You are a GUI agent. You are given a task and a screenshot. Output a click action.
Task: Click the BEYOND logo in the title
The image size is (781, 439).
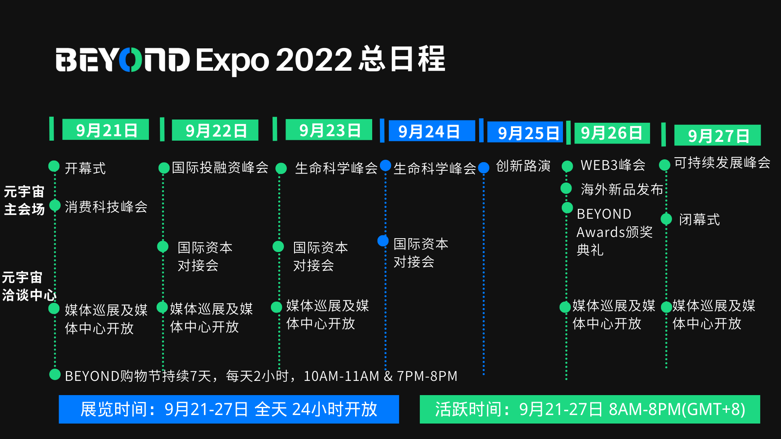[123, 60]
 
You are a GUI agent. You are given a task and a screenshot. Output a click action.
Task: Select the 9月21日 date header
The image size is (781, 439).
[105, 130]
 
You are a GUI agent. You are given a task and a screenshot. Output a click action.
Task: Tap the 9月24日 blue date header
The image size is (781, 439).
[432, 131]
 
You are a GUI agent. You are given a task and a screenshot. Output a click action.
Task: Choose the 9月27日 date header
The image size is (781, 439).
[718, 135]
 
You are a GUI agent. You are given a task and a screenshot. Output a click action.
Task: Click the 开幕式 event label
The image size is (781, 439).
[85, 168]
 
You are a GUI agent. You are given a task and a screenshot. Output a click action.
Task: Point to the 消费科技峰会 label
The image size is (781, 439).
[106, 206]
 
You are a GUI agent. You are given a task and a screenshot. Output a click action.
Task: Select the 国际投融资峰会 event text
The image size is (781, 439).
[220, 167]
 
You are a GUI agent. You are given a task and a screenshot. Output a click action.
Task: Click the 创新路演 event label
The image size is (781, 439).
[523, 166]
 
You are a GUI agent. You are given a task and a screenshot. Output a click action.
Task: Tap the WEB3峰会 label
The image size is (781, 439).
[613, 165]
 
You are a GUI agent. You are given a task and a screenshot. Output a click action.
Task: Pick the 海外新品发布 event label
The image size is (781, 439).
[622, 189]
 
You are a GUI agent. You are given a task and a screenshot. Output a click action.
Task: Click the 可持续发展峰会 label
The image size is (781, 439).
[722, 163]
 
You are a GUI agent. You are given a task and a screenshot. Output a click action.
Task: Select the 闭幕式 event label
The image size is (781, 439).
[699, 219]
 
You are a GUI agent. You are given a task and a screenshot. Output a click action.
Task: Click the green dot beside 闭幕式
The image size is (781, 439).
[666, 219]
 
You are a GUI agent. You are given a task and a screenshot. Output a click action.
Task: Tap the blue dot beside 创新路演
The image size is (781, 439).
[484, 167]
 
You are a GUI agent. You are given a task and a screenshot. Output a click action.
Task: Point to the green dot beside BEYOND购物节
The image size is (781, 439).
[55, 374]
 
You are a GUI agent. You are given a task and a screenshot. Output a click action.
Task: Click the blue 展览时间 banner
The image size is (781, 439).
[229, 409]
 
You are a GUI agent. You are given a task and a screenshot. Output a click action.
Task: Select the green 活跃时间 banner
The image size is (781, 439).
[590, 409]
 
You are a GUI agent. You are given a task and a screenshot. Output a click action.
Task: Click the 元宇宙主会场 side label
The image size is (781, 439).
[24, 200]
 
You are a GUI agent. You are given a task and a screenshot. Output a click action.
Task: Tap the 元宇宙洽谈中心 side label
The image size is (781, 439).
[29, 286]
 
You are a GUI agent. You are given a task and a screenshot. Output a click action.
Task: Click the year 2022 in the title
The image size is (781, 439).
[314, 60]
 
